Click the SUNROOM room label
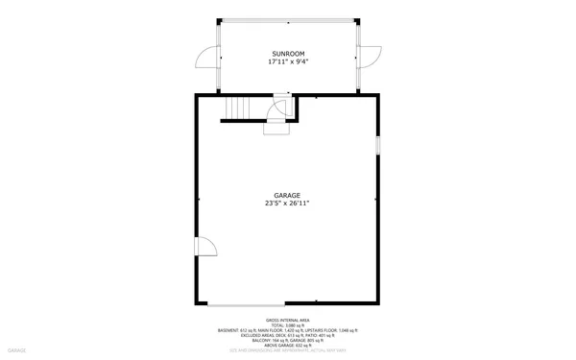[x=288, y=54]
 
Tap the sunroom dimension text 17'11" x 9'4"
[x=288, y=62]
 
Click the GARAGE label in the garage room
[x=287, y=195]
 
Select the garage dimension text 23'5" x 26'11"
[x=287, y=204]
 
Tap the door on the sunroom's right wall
[x=369, y=58]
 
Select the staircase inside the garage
[x=237, y=108]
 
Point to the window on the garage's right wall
[x=377, y=145]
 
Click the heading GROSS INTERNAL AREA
[x=288, y=320]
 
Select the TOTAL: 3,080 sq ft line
[x=288, y=324]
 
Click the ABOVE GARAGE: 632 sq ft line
[x=288, y=345]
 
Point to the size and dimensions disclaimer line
[x=288, y=350]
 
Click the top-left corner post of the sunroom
[x=219, y=20]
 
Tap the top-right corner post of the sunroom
[x=357, y=20]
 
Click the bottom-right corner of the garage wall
[x=377, y=303]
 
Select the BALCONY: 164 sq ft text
[x=269, y=340]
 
